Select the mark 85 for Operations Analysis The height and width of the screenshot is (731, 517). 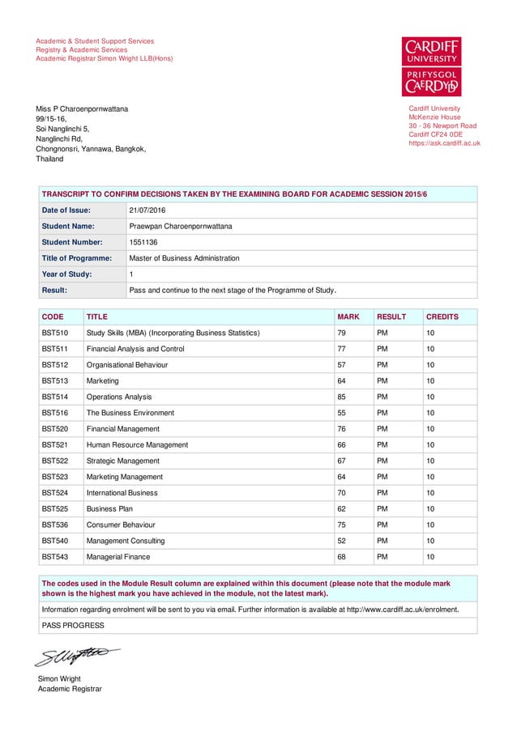pyautogui.click(x=341, y=397)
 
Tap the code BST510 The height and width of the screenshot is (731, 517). pyautogui.click(x=54, y=333)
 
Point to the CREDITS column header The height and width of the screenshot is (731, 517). pyautogui.click(x=442, y=317)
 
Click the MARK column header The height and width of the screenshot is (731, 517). pyautogui.click(x=348, y=317)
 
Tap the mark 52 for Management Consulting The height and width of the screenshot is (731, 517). pyautogui.click(x=341, y=541)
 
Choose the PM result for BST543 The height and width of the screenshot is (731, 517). pyautogui.click(x=382, y=557)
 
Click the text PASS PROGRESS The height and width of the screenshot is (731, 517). pyautogui.click(x=73, y=625)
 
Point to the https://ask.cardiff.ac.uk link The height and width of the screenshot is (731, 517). pyautogui.click(x=445, y=143)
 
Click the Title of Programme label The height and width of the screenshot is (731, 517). pyautogui.click(x=76, y=258)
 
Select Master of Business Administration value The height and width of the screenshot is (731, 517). pyautogui.click(x=184, y=258)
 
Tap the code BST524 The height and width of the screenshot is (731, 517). pyautogui.click(x=54, y=493)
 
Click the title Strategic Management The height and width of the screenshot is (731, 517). pyautogui.click(x=123, y=461)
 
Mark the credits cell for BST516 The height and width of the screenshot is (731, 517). pyautogui.click(x=431, y=413)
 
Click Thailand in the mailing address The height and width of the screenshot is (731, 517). pyautogui.click(x=49, y=159)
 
